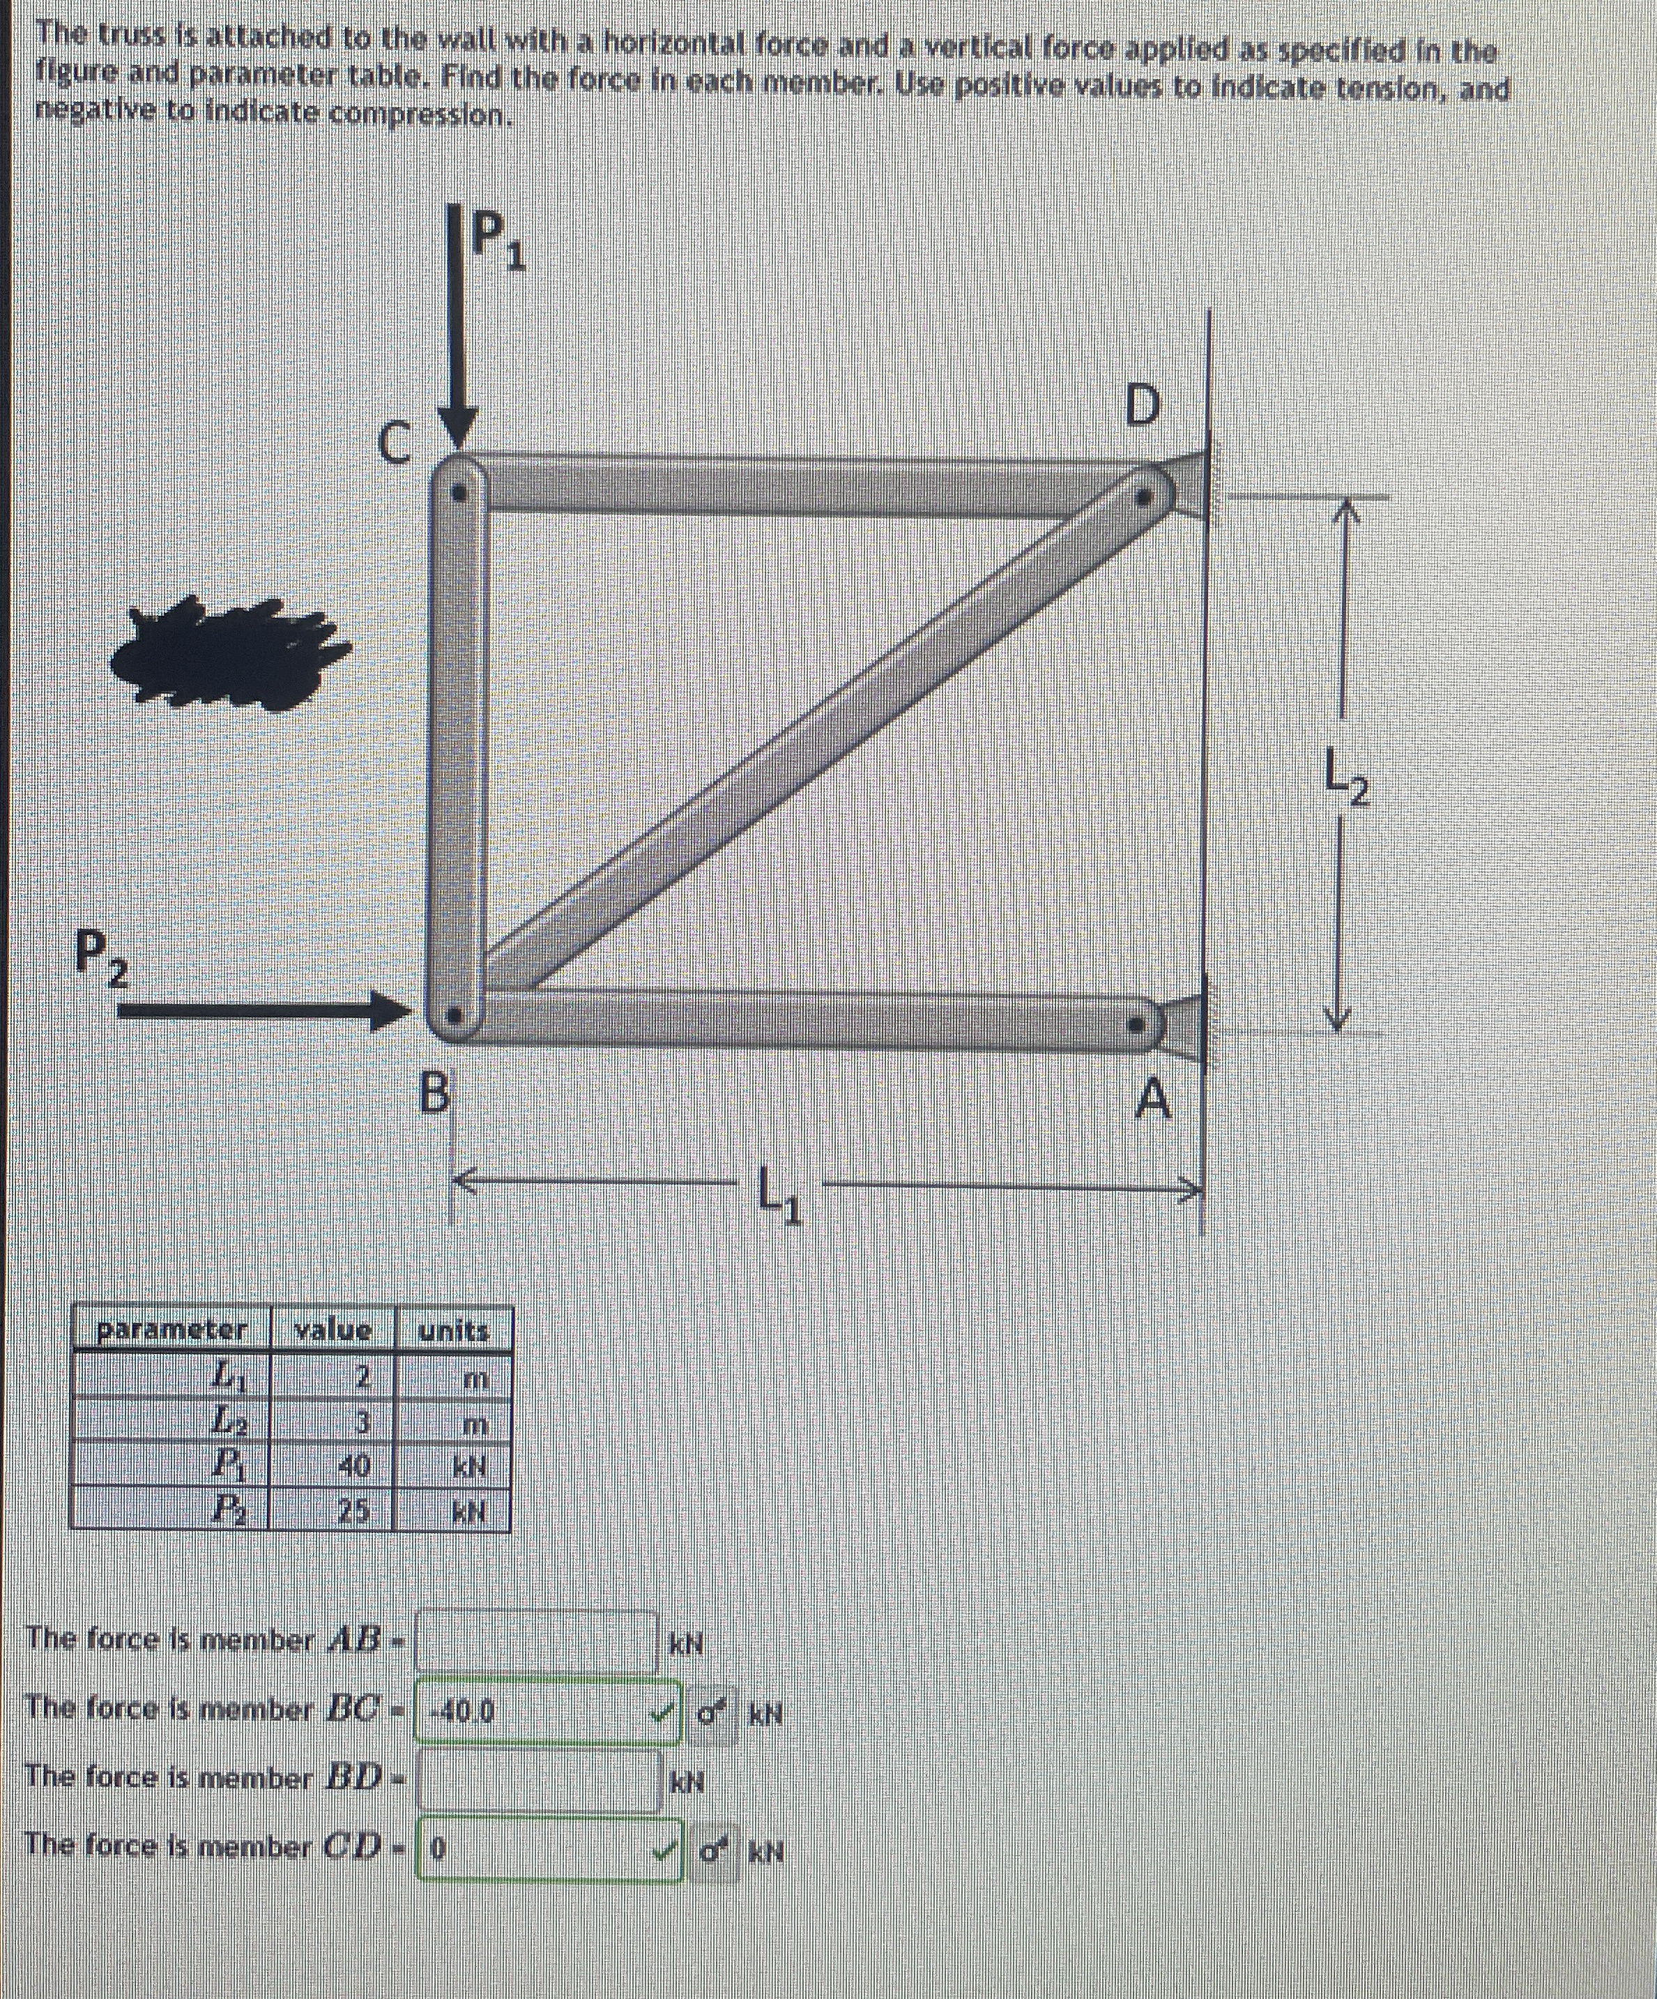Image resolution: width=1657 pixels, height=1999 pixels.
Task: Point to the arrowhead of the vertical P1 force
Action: (458, 430)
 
